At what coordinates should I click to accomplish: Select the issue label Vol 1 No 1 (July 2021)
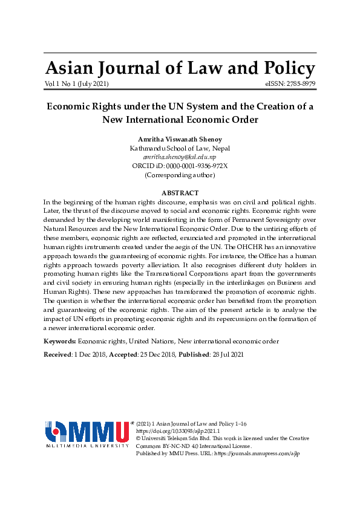tap(76, 83)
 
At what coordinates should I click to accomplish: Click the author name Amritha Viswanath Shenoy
tap(180, 139)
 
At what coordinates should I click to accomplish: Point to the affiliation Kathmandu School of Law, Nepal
tap(180, 148)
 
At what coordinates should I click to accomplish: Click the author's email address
tap(180, 157)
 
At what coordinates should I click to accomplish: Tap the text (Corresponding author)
tap(180, 175)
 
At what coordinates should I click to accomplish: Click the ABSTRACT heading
tap(180, 193)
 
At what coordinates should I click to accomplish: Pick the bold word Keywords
tap(59, 341)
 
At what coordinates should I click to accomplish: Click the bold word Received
tap(57, 354)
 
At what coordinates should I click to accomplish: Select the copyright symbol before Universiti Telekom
tap(139, 438)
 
